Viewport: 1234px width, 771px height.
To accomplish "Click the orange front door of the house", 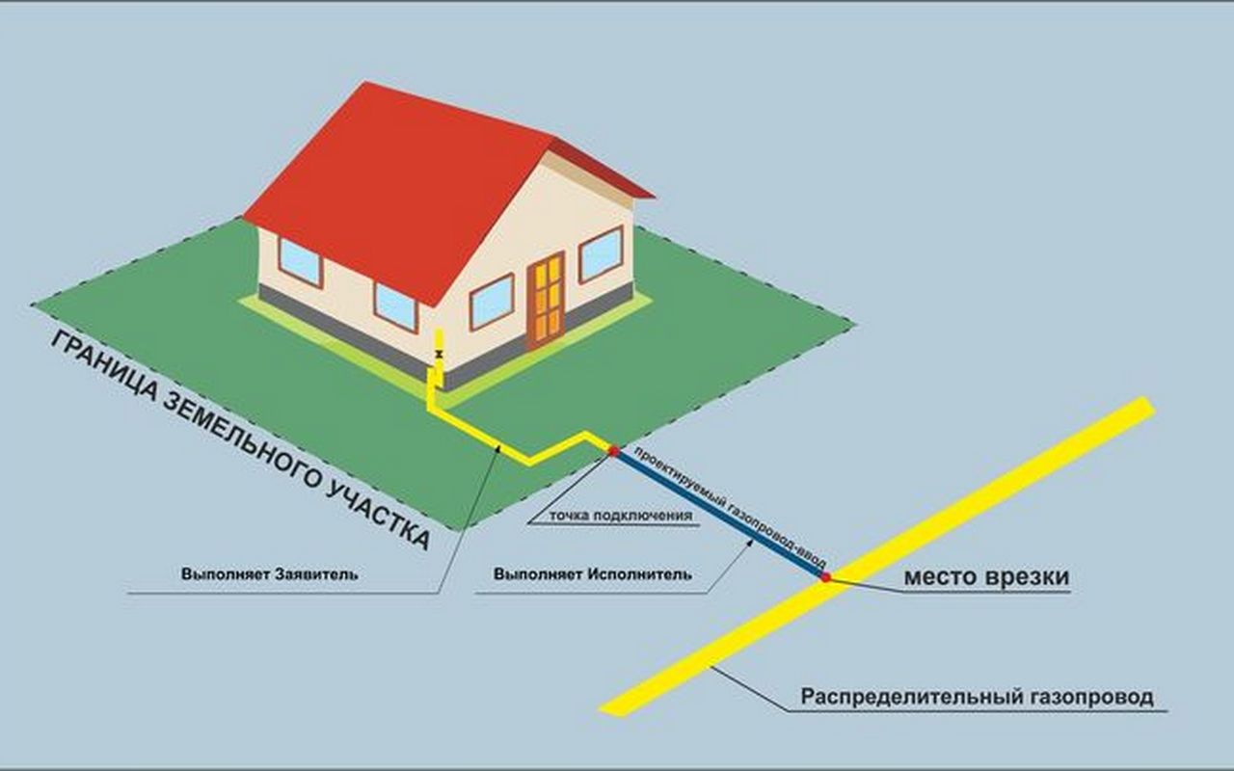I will coord(546,299).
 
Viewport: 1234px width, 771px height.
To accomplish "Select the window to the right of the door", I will coord(600,253).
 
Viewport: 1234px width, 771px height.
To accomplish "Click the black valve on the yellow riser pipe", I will coord(440,356).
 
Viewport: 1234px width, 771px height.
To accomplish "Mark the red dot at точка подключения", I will coord(613,450).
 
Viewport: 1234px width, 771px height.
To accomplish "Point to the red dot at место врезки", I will coord(825,576).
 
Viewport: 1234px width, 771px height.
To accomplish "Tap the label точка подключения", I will coord(621,515).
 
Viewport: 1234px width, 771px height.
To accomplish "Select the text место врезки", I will coord(985,577).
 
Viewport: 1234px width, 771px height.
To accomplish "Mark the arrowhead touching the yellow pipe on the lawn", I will coord(497,448).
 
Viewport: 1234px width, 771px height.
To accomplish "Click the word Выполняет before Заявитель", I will coord(226,574).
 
